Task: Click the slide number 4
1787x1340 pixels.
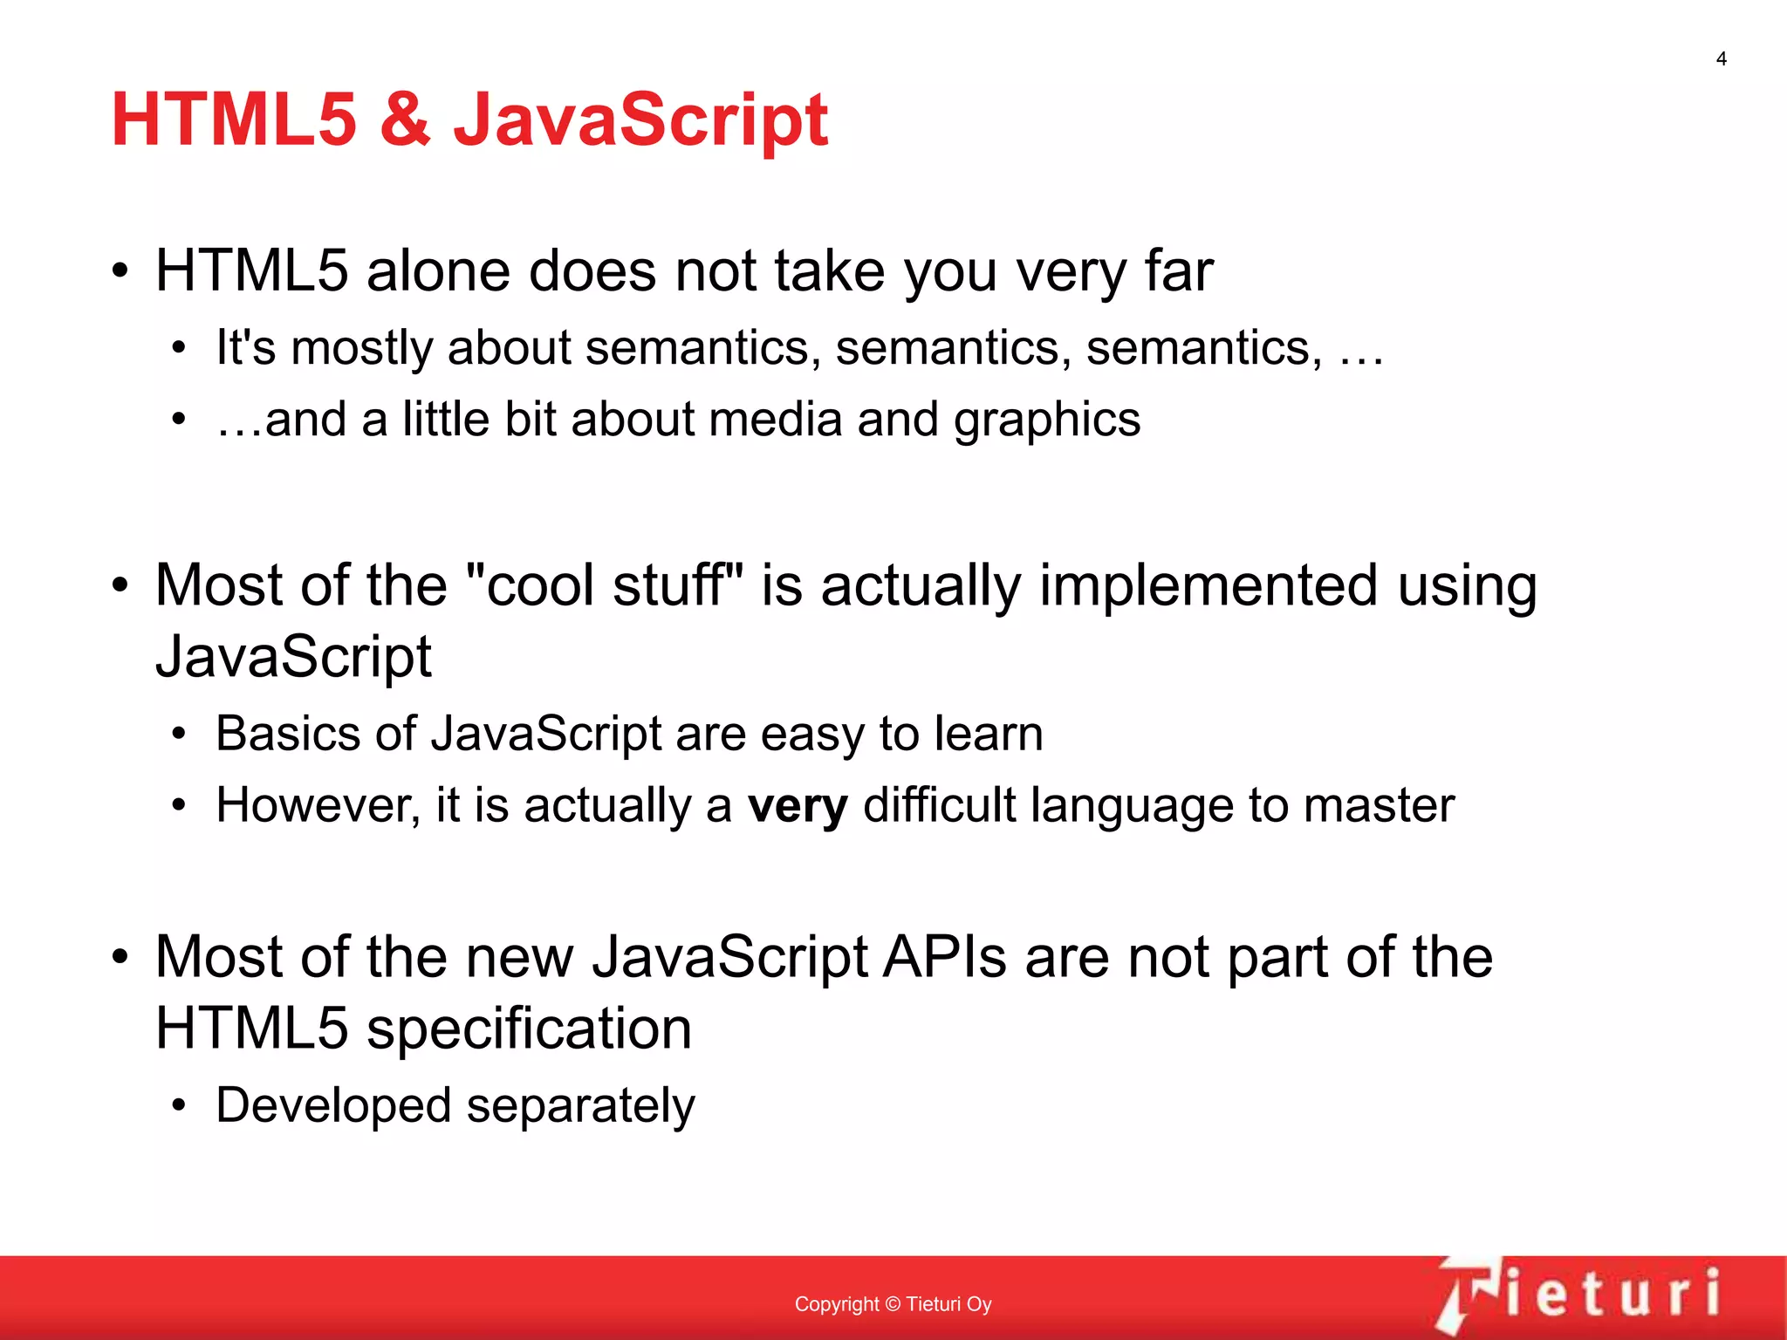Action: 1721,59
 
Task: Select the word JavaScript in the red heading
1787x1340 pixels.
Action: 640,121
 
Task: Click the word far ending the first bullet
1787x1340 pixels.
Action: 1178,270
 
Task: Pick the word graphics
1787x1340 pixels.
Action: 1046,420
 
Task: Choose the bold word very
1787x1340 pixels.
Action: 798,806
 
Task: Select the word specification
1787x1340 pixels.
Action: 529,1029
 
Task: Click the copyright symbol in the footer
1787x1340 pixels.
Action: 892,1304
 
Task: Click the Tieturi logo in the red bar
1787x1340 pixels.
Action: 1579,1295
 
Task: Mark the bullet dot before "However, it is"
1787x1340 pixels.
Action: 179,805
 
